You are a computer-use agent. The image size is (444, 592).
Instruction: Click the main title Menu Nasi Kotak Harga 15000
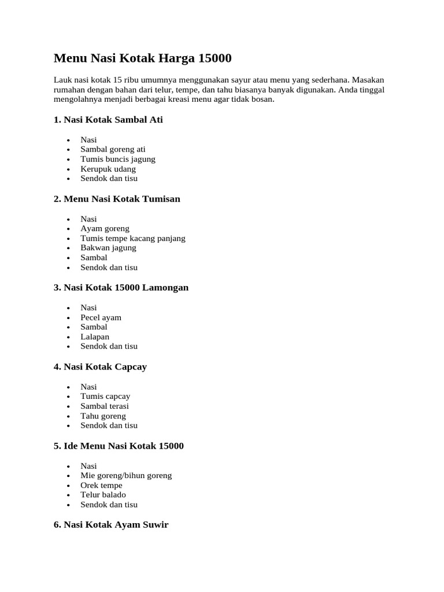[142, 58]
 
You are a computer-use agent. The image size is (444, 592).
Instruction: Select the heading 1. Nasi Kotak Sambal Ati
[108, 120]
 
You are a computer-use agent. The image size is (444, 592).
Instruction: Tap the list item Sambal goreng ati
[113, 149]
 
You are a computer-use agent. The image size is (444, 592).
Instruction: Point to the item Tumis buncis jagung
[118, 159]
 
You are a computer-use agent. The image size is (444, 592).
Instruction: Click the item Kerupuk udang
[108, 169]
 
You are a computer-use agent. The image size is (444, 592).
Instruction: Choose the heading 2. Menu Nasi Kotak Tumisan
[117, 199]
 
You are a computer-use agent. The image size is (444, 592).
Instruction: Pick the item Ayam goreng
[105, 228]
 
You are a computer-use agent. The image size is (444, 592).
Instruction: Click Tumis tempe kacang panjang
[133, 238]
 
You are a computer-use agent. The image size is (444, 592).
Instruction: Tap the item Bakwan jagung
[108, 247]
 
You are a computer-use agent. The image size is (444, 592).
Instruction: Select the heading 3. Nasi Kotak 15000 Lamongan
[121, 287]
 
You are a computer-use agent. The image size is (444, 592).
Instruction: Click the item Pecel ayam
[101, 317]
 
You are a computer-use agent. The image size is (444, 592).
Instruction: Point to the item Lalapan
[95, 336]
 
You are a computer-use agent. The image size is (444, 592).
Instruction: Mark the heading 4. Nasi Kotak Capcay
[100, 367]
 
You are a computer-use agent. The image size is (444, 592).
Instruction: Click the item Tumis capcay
[105, 396]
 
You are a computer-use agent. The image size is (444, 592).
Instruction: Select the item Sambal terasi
[105, 406]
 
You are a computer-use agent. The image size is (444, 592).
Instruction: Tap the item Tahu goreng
[103, 416]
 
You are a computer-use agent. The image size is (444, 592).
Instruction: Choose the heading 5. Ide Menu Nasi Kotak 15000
[119, 446]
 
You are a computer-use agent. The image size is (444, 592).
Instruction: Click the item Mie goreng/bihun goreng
[126, 475]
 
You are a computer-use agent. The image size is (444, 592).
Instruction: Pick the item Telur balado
[103, 494]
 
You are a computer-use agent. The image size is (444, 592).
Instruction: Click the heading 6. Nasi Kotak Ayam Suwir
[111, 525]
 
